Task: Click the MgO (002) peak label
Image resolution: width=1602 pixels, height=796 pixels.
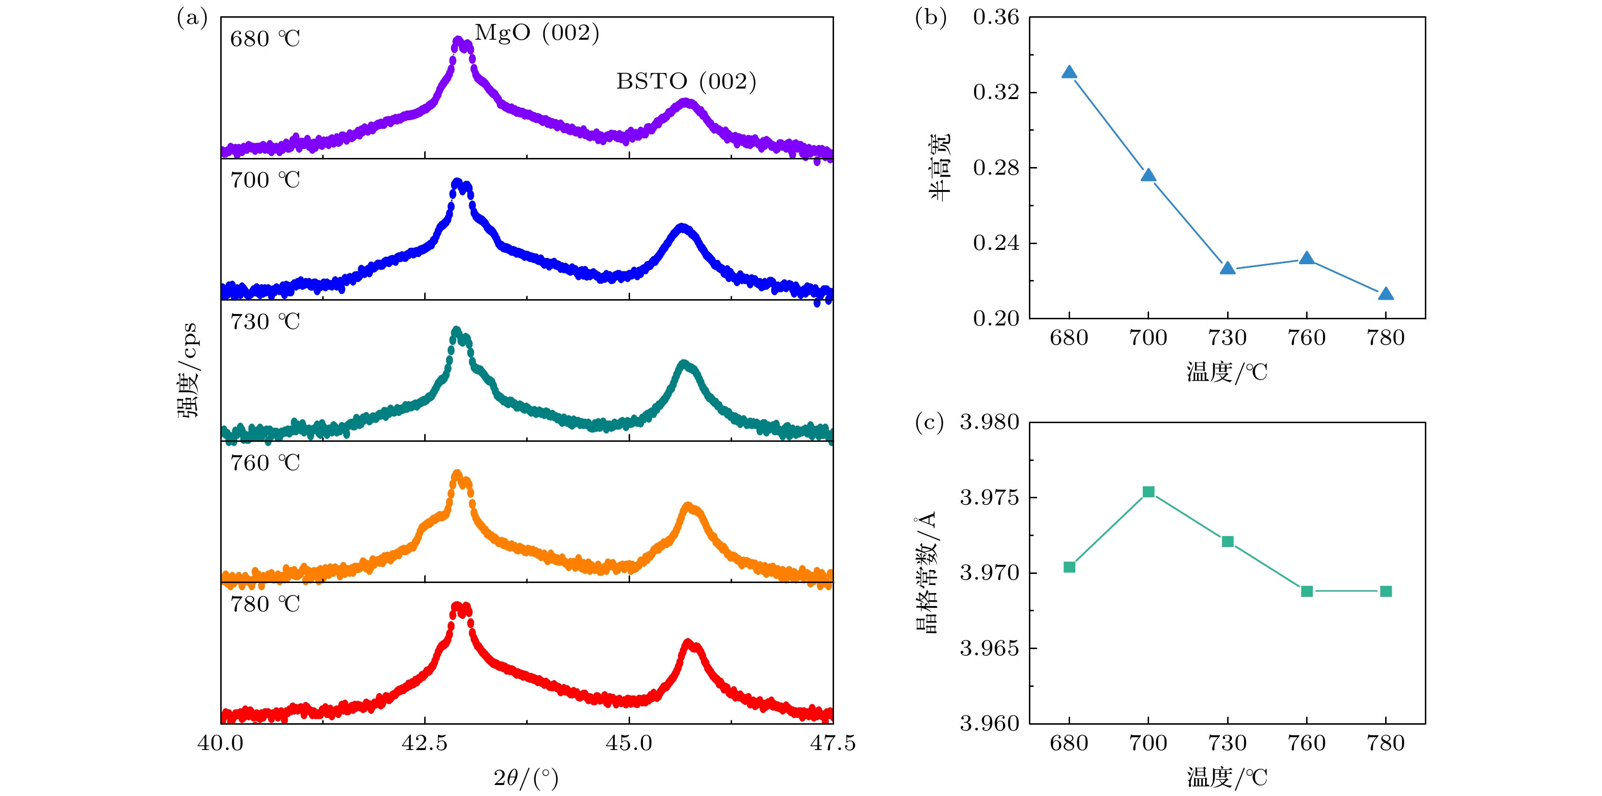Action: click(537, 33)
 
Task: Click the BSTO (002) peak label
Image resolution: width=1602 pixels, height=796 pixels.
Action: click(686, 81)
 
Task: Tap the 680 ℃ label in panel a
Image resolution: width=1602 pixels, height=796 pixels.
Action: click(265, 39)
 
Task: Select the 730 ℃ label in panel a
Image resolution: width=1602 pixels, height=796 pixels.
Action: click(265, 322)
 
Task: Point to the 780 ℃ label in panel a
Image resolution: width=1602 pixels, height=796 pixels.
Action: click(265, 605)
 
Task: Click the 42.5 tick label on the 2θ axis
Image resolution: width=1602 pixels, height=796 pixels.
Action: click(425, 743)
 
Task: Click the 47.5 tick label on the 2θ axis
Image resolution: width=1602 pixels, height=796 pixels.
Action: click(833, 743)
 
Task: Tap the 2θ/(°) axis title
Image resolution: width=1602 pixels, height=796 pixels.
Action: click(526, 778)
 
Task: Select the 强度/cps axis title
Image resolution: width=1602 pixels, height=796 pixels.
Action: click(187, 370)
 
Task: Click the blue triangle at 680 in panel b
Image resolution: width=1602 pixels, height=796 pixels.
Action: click(1069, 72)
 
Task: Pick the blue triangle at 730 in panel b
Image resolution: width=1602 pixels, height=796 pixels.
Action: click(1228, 268)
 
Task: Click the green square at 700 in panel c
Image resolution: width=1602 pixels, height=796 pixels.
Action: click(1149, 492)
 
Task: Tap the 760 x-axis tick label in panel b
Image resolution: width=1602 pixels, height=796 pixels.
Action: click(1307, 337)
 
